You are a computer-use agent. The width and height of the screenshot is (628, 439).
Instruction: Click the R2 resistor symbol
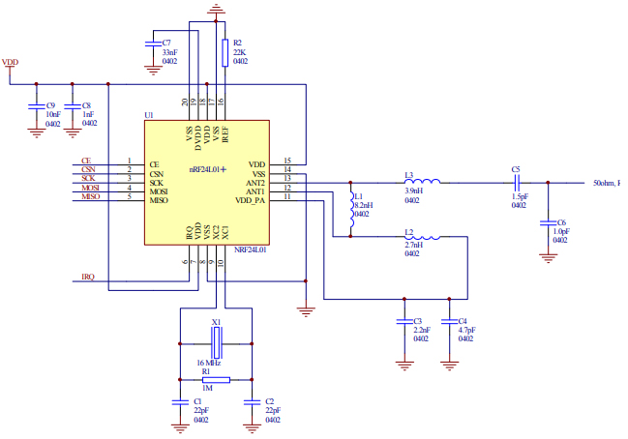pos(224,52)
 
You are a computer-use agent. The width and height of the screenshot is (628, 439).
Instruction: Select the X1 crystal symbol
pos(216,341)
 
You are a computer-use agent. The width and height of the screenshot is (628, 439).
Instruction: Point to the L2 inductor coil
pos(423,236)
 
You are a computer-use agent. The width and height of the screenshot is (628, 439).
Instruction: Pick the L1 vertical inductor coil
pos(352,214)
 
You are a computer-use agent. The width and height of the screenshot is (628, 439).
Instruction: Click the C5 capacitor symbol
pos(518,182)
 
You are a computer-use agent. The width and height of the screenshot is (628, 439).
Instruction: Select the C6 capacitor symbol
pos(549,225)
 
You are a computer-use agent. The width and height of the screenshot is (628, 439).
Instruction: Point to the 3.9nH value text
pos(415,190)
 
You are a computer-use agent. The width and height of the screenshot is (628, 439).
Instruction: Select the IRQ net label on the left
pos(88,278)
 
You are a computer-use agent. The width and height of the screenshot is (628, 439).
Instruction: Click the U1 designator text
pos(149,115)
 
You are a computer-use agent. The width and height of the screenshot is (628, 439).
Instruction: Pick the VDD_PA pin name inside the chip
pos(249,199)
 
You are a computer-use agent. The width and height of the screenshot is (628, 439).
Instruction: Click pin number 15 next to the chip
pos(287,161)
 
